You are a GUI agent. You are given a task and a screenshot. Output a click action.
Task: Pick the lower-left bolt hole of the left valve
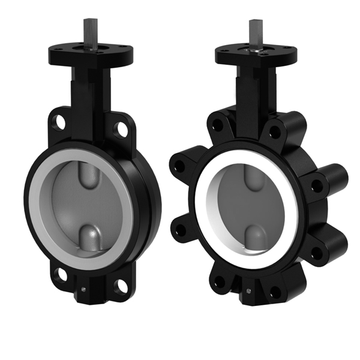[59, 275]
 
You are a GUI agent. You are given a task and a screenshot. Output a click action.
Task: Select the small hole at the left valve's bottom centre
[85, 293]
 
